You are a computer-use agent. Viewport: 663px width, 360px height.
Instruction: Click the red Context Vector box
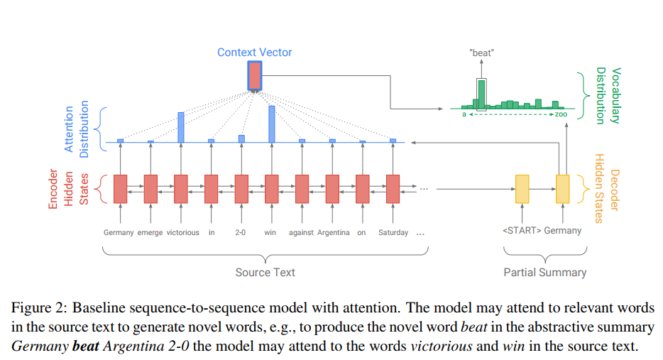tap(255, 75)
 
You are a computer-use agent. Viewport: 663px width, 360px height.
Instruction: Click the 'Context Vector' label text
tap(254, 53)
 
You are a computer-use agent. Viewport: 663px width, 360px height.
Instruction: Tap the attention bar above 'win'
tap(271, 124)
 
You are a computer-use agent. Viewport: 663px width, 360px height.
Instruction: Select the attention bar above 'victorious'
tap(181, 127)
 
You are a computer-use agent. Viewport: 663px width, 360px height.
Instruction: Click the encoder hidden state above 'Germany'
tap(119, 188)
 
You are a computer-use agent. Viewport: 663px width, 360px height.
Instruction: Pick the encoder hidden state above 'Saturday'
tap(393, 188)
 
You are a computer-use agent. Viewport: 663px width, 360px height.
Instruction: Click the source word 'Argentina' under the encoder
tap(333, 233)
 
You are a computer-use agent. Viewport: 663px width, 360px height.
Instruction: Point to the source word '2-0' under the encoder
tap(241, 233)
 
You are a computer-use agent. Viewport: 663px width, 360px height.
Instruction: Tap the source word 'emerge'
tap(150, 233)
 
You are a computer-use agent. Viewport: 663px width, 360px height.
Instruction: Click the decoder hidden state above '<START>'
tap(522, 188)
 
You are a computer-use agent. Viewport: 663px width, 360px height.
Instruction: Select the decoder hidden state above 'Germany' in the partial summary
tap(563, 188)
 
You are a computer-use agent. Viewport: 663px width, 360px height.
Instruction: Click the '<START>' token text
tap(522, 230)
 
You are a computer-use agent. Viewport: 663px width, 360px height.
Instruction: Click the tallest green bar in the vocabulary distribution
tap(482, 94)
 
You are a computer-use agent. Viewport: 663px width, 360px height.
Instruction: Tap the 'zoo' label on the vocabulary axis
tap(561, 114)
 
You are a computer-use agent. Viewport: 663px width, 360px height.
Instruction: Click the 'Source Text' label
tap(265, 272)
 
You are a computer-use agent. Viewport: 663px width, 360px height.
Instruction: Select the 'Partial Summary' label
tap(545, 272)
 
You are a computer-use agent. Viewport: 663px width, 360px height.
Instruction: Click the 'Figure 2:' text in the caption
tap(37, 308)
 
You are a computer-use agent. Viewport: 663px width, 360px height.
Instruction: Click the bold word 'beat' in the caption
tap(85, 347)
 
